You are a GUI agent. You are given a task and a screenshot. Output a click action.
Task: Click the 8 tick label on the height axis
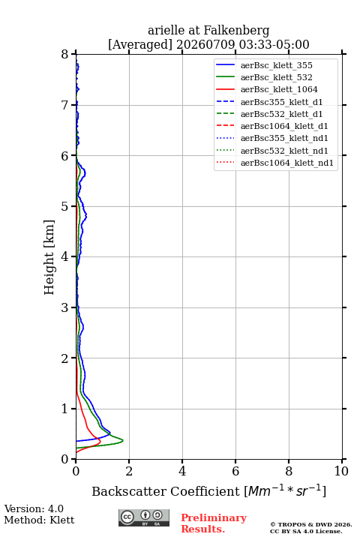[x=65, y=54]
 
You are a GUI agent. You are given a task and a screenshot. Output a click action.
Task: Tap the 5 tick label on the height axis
[x=65, y=206]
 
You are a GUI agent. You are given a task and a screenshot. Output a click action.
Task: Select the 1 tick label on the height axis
[x=65, y=409]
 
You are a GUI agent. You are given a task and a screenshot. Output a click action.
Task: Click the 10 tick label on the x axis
[x=341, y=471]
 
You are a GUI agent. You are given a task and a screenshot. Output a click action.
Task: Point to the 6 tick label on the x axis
[x=235, y=471]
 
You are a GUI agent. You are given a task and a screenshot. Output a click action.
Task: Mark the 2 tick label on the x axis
[x=129, y=471]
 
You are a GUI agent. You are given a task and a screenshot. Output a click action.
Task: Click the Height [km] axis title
[x=49, y=257]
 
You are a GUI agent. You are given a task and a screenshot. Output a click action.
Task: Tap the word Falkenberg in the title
[x=236, y=31]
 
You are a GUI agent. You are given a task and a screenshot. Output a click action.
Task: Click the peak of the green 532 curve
[x=123, y=440]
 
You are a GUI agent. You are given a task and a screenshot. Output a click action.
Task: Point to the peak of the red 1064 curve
[x=100, y=441]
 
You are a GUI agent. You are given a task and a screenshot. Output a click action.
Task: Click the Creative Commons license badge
[x=144, y=517]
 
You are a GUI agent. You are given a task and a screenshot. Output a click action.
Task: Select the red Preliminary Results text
[x=214, y=523]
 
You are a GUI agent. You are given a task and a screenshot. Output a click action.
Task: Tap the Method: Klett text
[x=39, y=520]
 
